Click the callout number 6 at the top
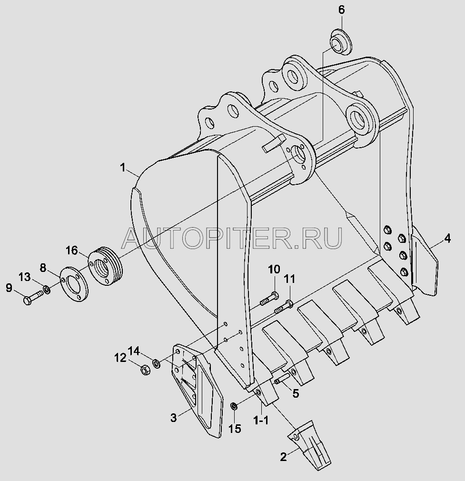[341, 10]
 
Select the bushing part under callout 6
[341, 42]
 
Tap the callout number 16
[72, 251]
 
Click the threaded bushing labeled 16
[105, 266]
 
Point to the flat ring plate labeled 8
[74, 284]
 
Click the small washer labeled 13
[47, 289]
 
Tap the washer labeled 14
[157, 364]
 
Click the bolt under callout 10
[269, 299]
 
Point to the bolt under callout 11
[284, 306]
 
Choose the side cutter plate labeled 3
[197, 390]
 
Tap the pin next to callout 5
[282, 378]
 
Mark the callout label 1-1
[261, 420]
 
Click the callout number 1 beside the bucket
[123, 168]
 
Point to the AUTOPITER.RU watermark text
[232, 238]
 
